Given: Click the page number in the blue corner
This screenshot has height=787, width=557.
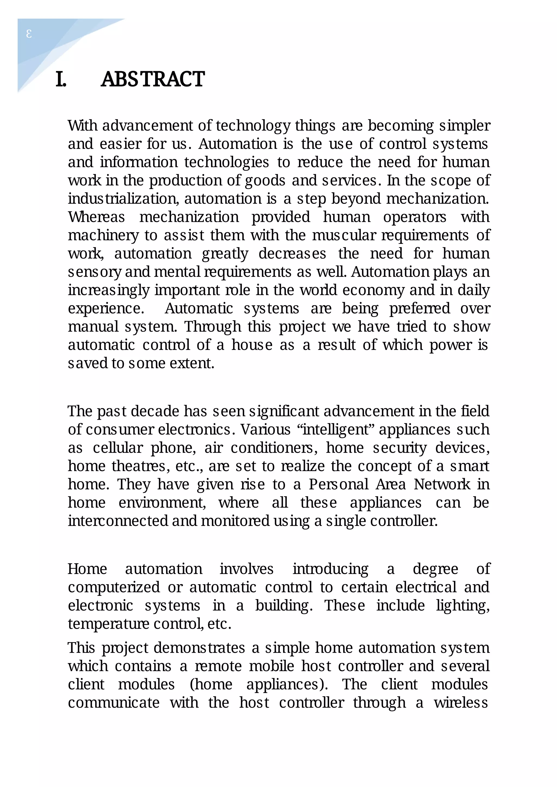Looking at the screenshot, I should pyautogui.click(x=29, y=34).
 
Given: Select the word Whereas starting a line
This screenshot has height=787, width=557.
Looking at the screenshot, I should pyautogui.click(x=96, y=217).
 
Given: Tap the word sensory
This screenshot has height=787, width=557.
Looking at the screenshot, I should pyautogui.click(x=95, y=272).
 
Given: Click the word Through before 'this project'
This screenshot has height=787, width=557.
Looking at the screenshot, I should pyautogui.click(x=213, y=327).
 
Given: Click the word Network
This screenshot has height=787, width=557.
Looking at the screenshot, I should pyautogui.click(x=442, y=485).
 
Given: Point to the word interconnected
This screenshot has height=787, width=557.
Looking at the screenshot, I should pyautogui.click(x=118, y=521).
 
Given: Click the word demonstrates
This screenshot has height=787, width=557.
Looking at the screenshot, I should pyautogui.click(x=199, y=648).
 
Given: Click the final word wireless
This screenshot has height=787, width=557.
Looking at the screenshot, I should pyautogui.click(x=461, y=703).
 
